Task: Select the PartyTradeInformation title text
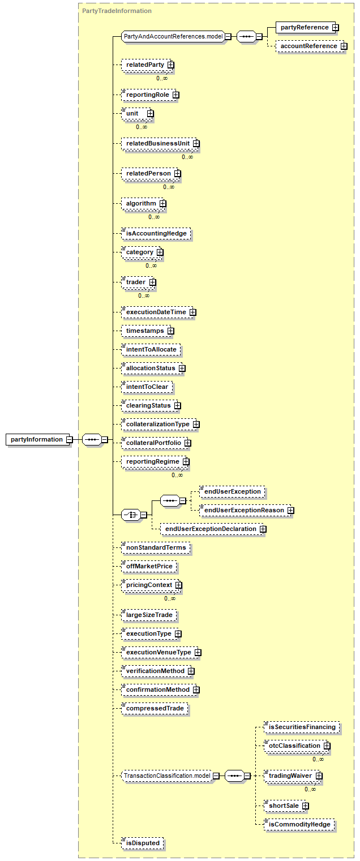click(x=117, y=11)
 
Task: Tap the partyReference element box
click(x=307, y=27)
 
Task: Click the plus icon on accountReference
click(x=344, y=46)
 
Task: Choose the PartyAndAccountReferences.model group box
click(x=175, y=37)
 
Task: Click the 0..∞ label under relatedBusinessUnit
click(x=187, y=157)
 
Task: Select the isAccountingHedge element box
click(x=156, y=233)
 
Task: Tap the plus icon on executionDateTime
click(x=192, y=312)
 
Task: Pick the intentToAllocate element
click(x=151, y=349)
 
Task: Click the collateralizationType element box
click(x=160, y=424)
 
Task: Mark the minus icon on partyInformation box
click(x=69, y=439)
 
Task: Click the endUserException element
click(x=233, y=491)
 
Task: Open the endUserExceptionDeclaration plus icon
click(x=263, y=529)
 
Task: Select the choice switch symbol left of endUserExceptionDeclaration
click(x=131, y=515)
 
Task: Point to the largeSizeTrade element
click(x=149, y=615)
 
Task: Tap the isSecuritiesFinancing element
click(x=302, y=727)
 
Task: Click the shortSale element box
click(x=286, y=806)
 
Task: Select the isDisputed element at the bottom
click(x=143, y=843)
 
